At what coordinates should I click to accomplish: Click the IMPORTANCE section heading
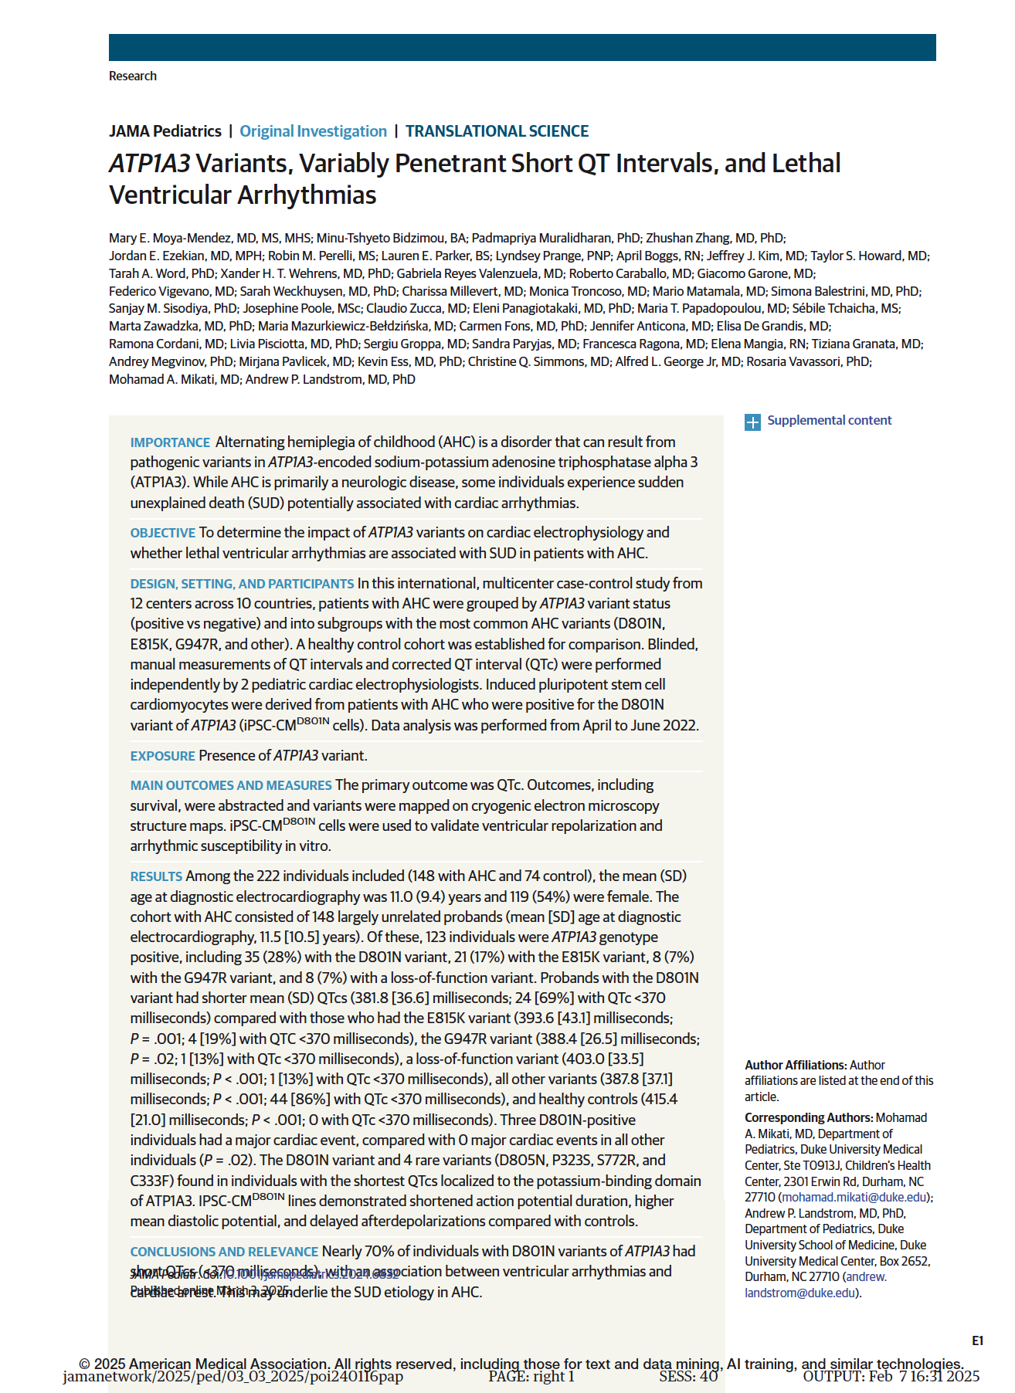(170, 442)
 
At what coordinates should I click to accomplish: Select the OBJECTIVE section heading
(162, 533)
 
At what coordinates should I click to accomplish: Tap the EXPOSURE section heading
(162, 756)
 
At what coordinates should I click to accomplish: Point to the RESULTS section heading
(156, 876)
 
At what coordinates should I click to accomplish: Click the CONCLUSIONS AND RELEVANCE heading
(224, 1252)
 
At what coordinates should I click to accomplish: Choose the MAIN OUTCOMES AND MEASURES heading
(231, 785)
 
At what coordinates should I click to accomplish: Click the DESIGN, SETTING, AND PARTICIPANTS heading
(242, 584)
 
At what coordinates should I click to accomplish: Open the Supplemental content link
(829, 421)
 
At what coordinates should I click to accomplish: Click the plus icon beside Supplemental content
(752, 422)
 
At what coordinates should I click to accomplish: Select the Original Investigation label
(313, 131)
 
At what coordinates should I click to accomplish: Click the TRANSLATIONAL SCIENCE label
(497, 131)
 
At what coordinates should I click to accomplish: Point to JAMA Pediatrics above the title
(165, 131)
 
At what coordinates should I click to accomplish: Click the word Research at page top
(133, 76)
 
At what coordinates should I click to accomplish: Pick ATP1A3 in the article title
(149, 164)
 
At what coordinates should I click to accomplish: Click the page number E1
(977, 1341)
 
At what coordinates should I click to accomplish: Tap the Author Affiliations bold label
(795, 1066)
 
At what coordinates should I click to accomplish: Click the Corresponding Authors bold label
(808, 1118)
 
